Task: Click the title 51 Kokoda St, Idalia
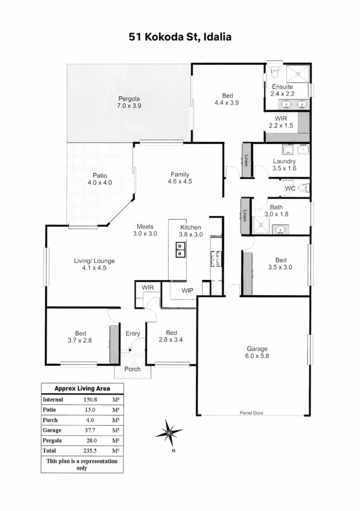point(180,37)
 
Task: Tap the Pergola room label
point(129,99)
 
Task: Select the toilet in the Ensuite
point(275,72)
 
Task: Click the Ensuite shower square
point(298,74)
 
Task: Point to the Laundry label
point(284,161)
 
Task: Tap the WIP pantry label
point(187,290)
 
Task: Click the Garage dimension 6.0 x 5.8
point(257,356)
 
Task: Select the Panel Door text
point(252,413)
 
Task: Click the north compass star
point(169,433)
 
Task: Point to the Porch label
point(133,369)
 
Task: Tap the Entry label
point(133,334)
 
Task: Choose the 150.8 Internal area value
point(90,400)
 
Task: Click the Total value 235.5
point(90,451)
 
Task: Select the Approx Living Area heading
point(82,388)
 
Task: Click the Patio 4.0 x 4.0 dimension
point(100,183)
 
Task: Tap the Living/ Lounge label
point(94,261)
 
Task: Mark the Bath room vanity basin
point(280,230)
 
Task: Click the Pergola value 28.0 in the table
point(91,441)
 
